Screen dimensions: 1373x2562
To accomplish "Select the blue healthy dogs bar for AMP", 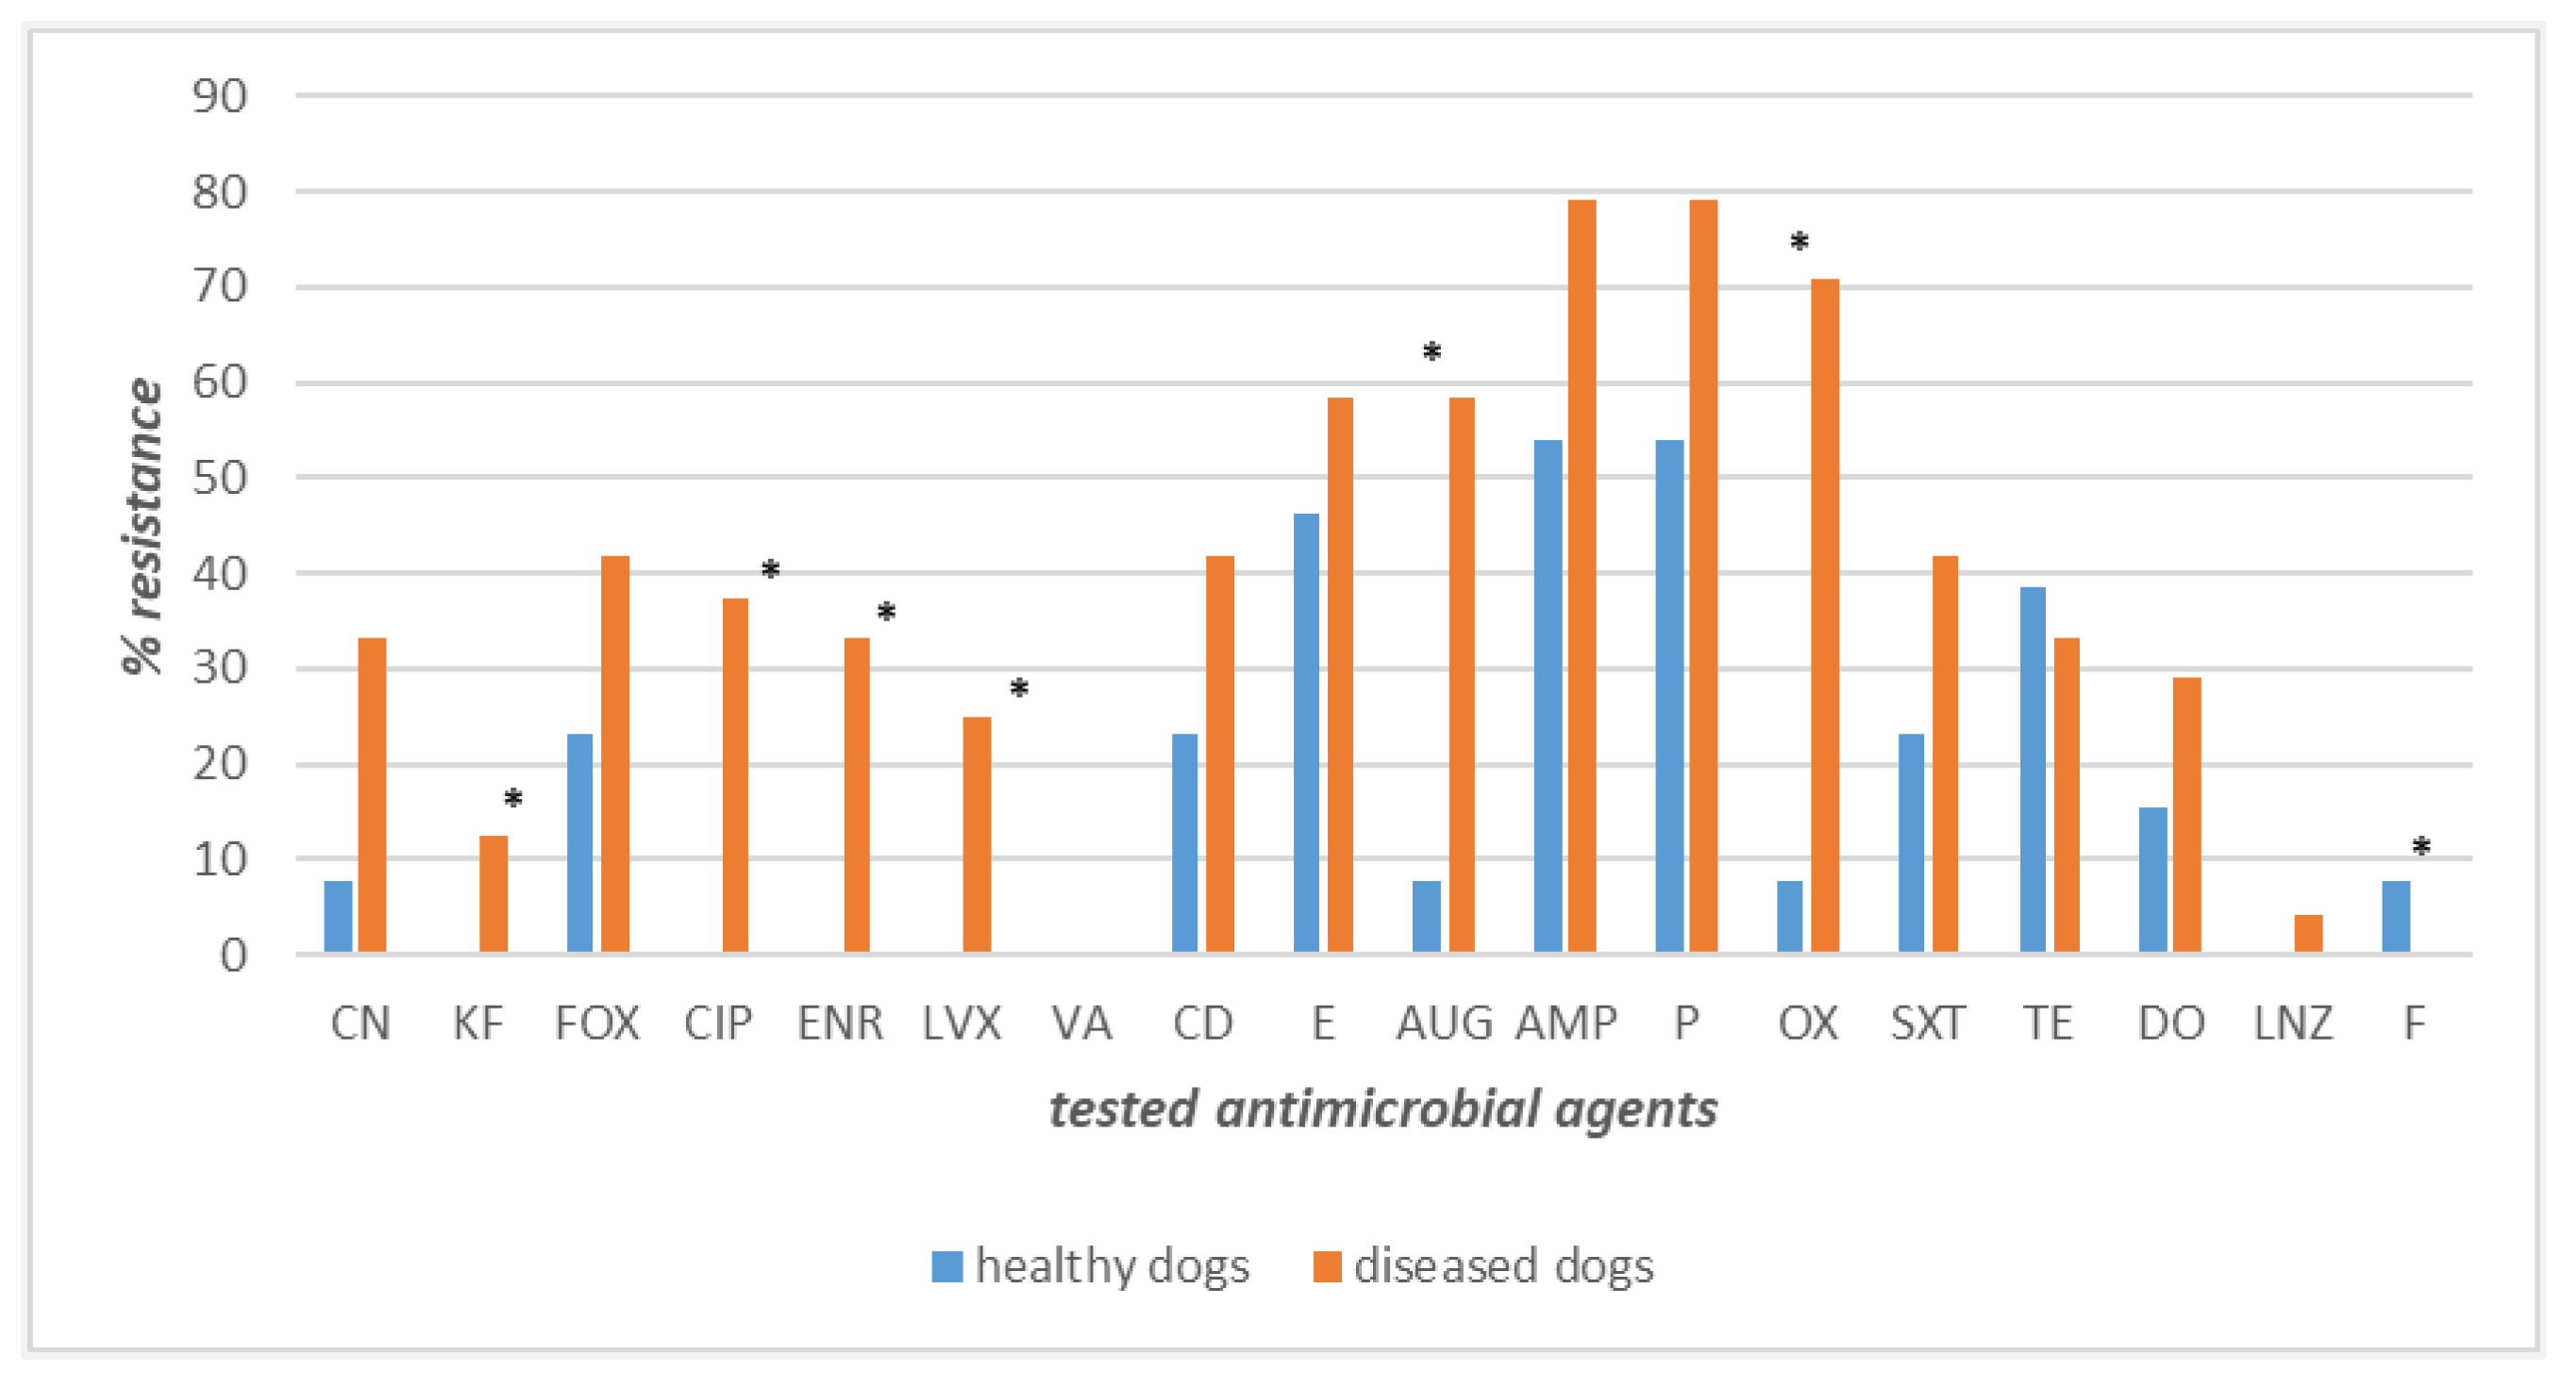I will [1548, 697].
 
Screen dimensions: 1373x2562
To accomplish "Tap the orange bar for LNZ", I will [2307, 933].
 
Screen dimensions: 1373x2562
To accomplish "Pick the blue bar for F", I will [2395, 916].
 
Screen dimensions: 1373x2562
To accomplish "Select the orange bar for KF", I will [494, 893].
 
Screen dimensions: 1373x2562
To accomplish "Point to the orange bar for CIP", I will [735, 775].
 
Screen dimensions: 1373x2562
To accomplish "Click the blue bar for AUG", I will [1426, 916].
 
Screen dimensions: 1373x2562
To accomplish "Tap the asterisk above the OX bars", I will [1799, 243].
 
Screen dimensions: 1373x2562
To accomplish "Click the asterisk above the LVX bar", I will [1018, 688].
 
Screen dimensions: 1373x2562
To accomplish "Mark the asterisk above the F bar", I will [2420, 848].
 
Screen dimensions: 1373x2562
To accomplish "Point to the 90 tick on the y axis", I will [220, 96].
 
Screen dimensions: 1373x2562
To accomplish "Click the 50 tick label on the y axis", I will [220, 479].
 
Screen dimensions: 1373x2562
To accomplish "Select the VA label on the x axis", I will [1081, 1023].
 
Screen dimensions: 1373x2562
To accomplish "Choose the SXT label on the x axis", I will [1927, 1023].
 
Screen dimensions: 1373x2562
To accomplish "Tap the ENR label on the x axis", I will [840, 1023].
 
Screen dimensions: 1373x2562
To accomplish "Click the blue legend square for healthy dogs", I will [946, 1265].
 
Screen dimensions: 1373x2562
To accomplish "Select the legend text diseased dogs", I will [1503, 1265].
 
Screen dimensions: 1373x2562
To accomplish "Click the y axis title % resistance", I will [142, 526].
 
